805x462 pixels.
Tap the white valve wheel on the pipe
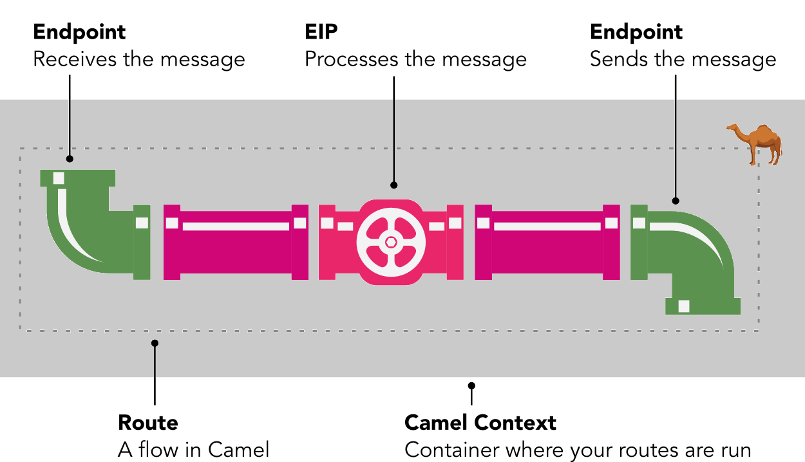click(391, 242)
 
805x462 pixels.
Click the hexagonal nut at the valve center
click(391, 242)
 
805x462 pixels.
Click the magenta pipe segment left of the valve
click(236, 243)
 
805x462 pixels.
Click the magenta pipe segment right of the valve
click(547, 243)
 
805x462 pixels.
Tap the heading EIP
click(321, 32)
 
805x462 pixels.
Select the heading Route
click(148, 423)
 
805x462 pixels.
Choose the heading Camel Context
click(480, 423)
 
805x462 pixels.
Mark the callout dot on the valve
click(393, 185)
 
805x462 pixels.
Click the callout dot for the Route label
click(155, 343)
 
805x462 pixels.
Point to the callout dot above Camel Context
click(471, 385)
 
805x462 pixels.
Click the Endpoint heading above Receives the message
click(79, 32)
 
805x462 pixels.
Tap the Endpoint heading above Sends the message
click(636, 32)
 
